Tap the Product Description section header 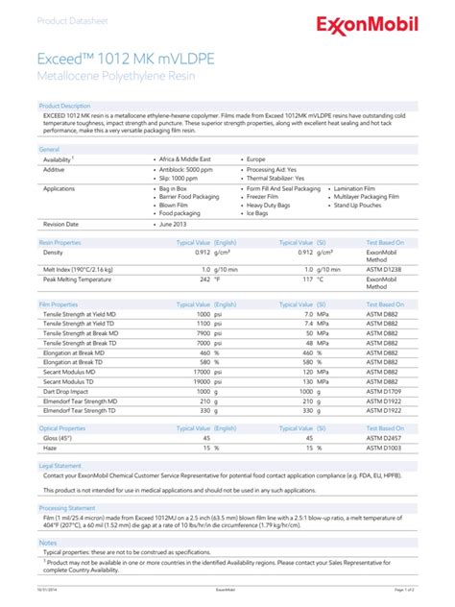pos(64,106)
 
